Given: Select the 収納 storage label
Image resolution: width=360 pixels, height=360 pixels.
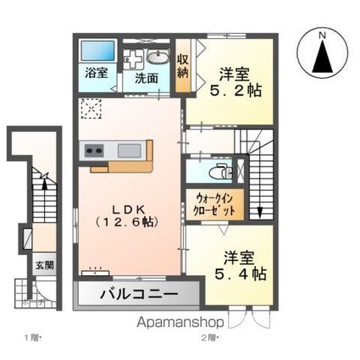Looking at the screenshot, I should pos(182,65).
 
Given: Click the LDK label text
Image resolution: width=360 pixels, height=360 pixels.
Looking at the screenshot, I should pos(130,207).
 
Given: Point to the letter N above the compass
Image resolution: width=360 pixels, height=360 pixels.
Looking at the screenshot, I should pos(323,35).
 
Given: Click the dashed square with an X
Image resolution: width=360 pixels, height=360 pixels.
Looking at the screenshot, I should pos(90,109).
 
